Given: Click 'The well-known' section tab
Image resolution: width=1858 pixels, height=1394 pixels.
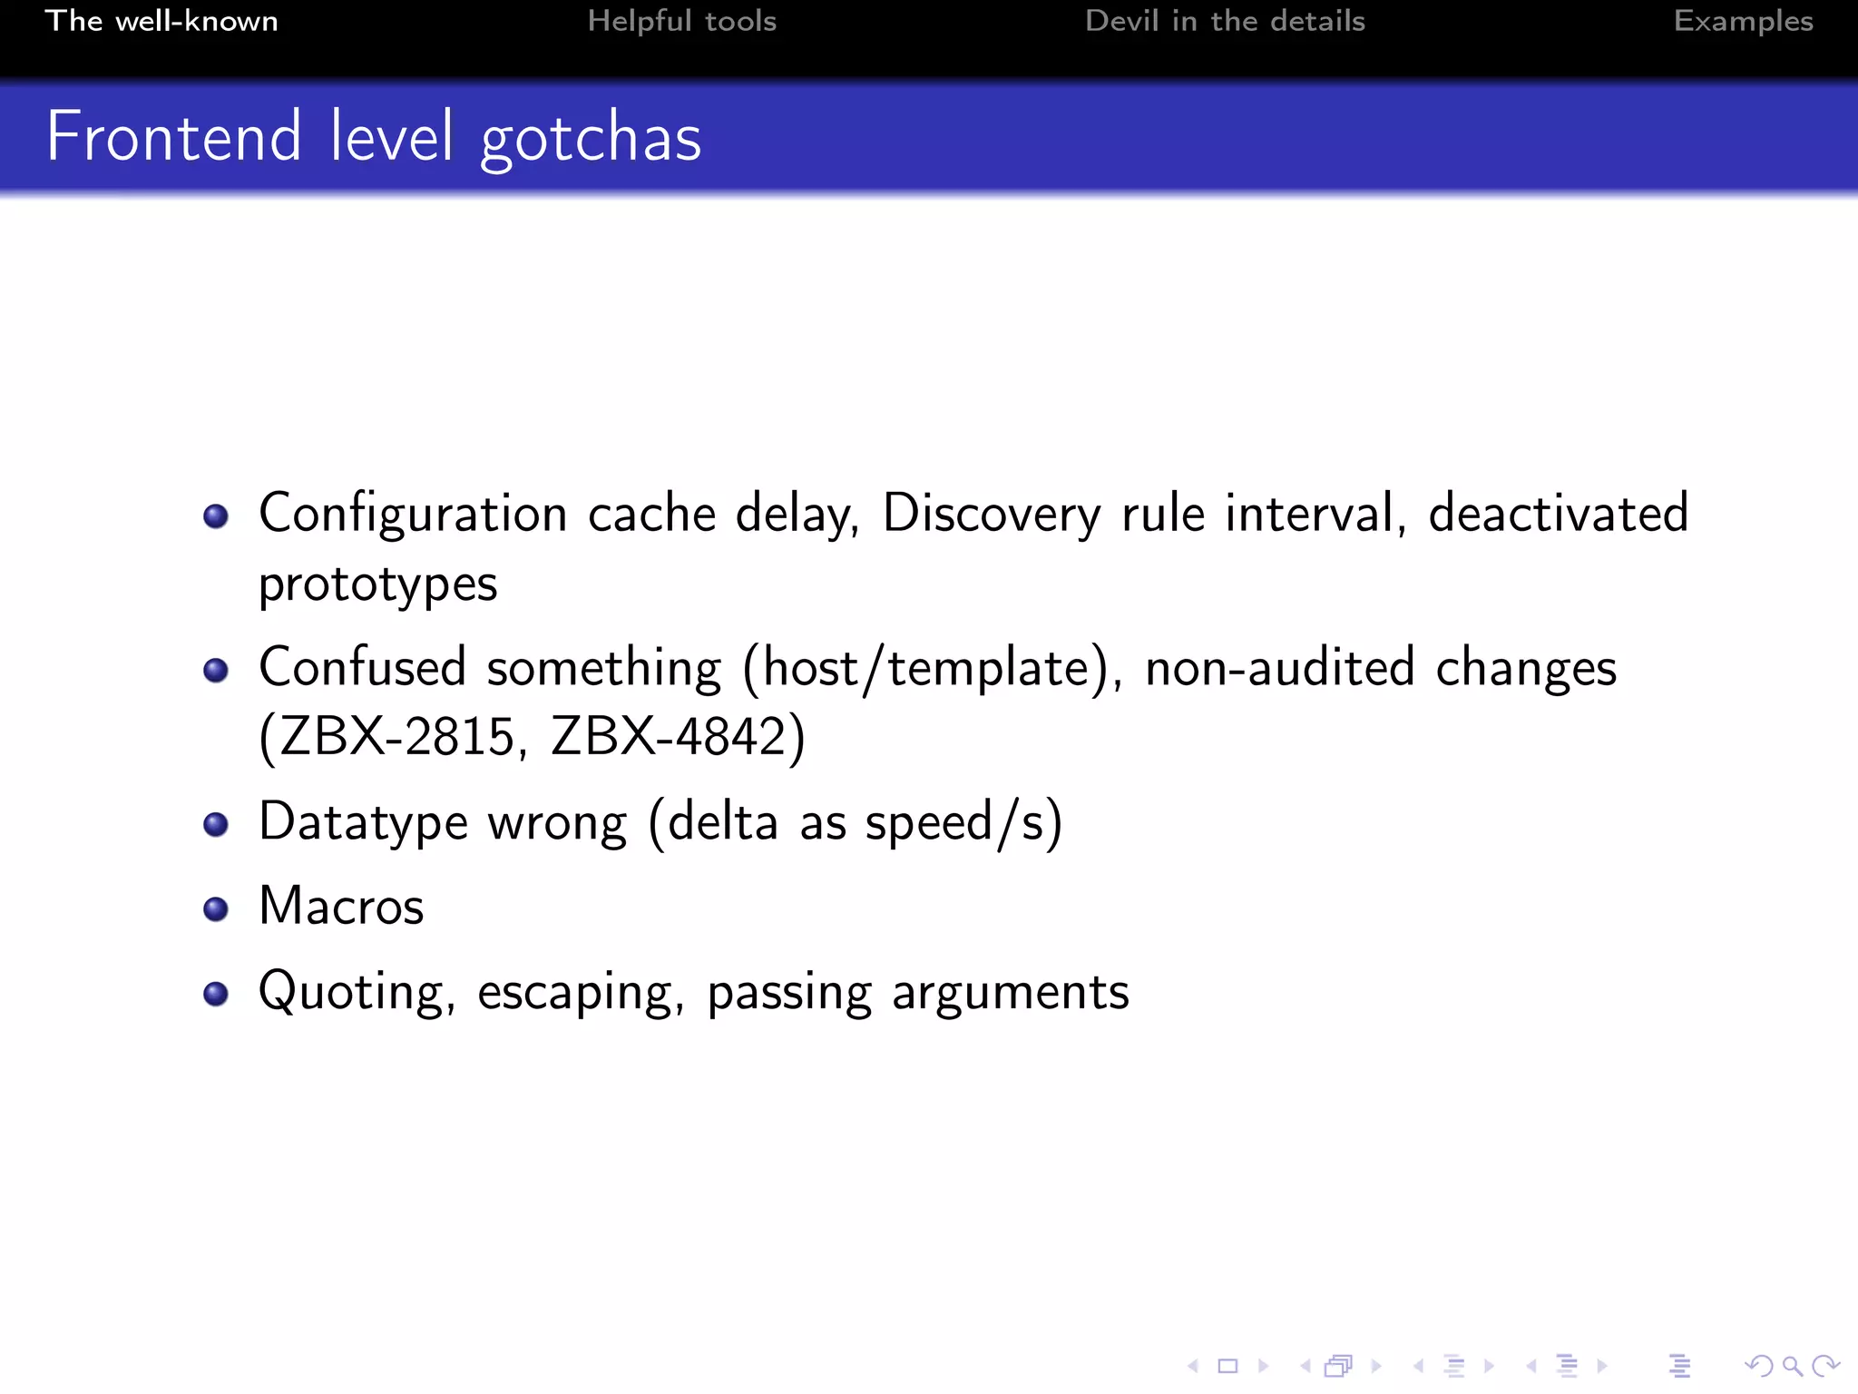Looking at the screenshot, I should pyautogui.click(x=161, y=21).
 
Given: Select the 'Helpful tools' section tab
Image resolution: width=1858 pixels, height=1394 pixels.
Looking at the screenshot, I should pyautogui.click(x=681, y=21).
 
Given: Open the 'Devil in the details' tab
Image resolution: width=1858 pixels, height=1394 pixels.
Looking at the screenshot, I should pyautogui.click(x=1225, y=21).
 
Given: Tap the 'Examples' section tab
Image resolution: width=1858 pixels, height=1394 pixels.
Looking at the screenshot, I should pyautogui.click(x=1743, y=21).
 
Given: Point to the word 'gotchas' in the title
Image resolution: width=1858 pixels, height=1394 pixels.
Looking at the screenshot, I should pyautogui.click(x=591, y=138).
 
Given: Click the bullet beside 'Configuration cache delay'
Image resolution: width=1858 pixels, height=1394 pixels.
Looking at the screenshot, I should pyautogui.click(x=216, y=516).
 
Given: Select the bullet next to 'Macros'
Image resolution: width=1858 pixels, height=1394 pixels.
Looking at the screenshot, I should pyautogui.click(x=216, y=908).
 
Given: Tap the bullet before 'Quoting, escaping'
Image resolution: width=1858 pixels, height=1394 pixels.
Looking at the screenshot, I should pyautogui.click(x=216, y=994).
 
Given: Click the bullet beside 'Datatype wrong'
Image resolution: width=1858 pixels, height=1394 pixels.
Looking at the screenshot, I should pyautogui.click(x=216, y=824).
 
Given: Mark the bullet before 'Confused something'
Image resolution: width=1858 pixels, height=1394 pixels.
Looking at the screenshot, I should pyautogui.click(x=216, y=671).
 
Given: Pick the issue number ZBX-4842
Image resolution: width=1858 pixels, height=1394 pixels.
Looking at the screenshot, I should pyautogui.click(x=669, y=736).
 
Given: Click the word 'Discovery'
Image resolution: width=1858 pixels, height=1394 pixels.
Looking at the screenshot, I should pyautogui.click(x=991, y=515).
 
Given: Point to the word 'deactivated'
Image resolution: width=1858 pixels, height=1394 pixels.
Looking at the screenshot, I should pyautogui.click(x=1558, y=513).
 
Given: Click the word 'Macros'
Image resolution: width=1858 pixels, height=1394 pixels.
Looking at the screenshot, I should pyautogui.click(x=341, y=906).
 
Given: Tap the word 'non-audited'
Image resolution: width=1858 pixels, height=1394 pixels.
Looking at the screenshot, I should pyautogui.click(x=1279, y=668).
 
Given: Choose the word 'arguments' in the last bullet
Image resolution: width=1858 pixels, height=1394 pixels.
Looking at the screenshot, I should pyautogui.click(x=1010, y=993).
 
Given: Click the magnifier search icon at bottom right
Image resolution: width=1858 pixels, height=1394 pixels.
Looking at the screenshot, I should pyautogui.click(x=1792, y=1366).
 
